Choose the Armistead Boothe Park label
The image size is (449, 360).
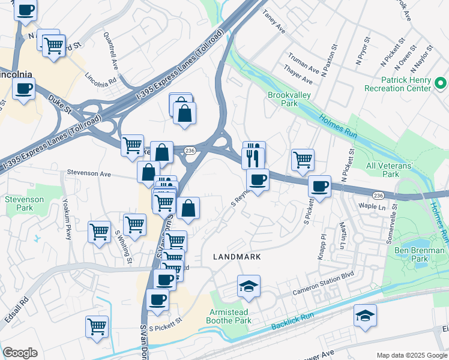click(231, 317)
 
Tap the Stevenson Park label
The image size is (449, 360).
click(24, 203)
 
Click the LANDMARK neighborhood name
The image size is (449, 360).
click(237, 257)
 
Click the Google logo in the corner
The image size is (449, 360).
click(20, 353)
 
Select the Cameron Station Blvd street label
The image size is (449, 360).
click(323, 284)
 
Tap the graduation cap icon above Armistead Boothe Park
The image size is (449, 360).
click(249, 287)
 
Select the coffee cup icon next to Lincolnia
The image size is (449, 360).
click(23, 89)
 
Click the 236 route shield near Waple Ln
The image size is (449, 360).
click(378, 196)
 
